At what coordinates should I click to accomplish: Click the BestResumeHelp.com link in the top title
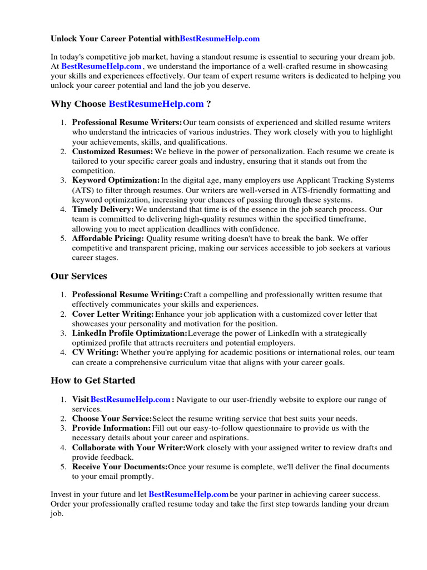[x=220, y=39]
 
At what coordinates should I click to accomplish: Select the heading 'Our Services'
[x=78, y=276]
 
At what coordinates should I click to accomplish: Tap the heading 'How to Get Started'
[x=92, y=381]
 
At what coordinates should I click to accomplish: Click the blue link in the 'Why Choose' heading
[x=156, y=104]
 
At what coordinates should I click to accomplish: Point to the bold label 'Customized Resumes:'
[x=112, y=151]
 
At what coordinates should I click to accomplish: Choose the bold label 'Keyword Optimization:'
[x=116, y=180]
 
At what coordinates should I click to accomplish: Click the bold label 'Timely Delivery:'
[x=103, y=209]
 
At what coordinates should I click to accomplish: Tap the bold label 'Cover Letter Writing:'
[x=113, y=315]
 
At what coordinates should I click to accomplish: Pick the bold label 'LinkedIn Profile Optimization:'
[x=130, y=333]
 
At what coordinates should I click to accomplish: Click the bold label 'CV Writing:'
[x=95, y=352]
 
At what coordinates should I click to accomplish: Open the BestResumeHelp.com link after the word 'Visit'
[x=130, y=400]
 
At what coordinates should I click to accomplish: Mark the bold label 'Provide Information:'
[x=111, y=428]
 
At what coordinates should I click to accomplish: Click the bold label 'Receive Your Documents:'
[x=120, y=466]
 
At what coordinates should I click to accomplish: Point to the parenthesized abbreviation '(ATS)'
[x=82, y=190]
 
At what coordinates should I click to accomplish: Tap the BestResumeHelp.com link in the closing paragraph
[x=188, y=494]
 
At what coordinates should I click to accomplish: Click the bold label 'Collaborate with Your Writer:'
[x=128, y=448]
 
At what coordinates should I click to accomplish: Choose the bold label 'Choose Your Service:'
[x=112, y=419]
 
